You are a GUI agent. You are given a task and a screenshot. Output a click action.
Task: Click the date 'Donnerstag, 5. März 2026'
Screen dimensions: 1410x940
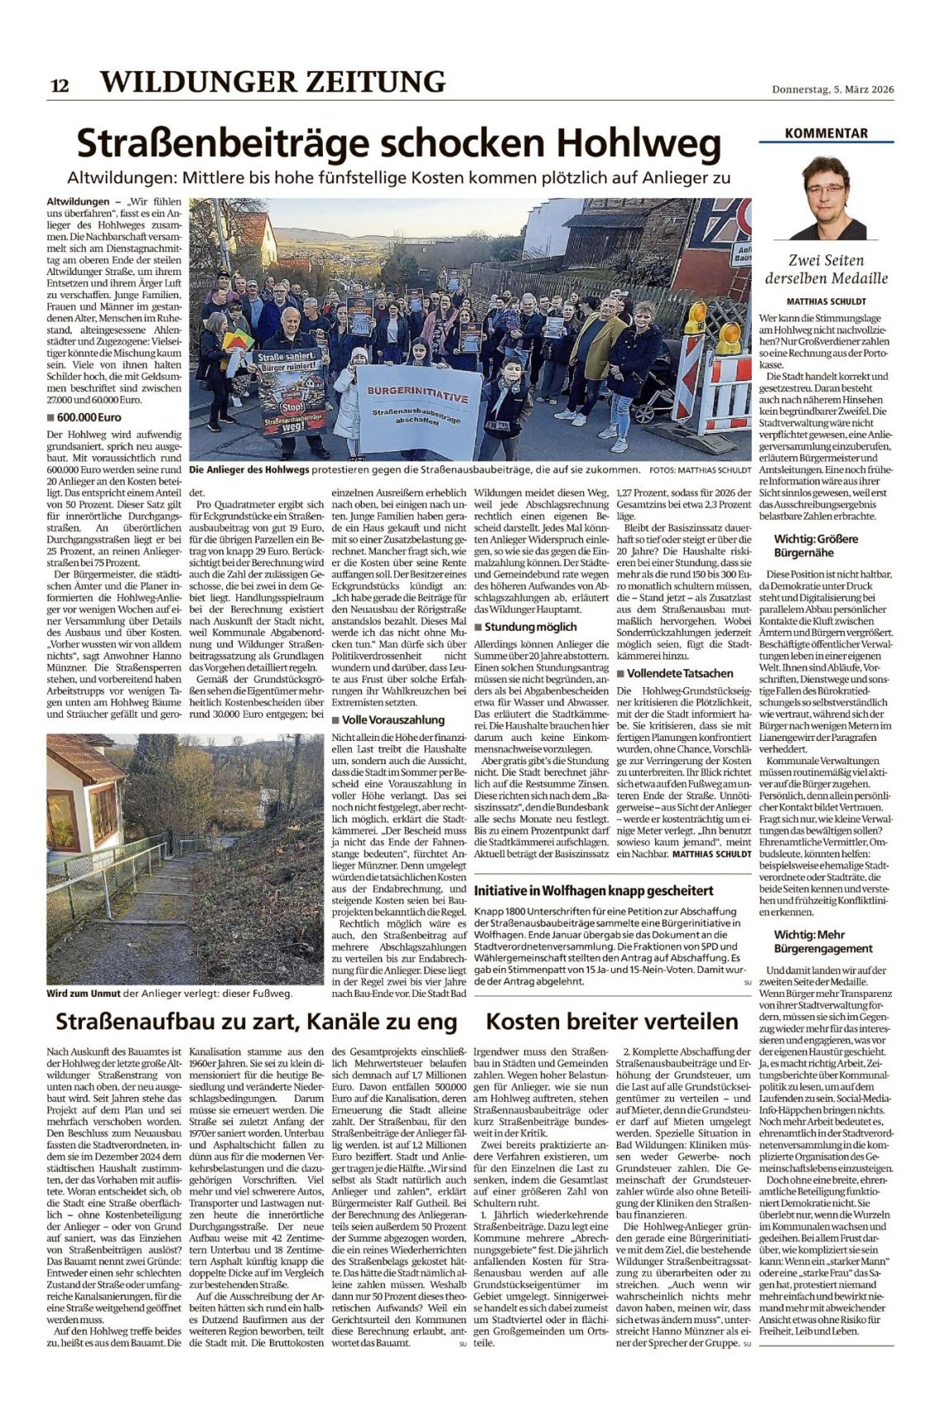pyautogui.click(x=833, y=90)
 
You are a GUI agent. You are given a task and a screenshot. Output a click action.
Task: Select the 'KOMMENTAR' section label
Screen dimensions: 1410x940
pyautogui.click(x=826, y=133)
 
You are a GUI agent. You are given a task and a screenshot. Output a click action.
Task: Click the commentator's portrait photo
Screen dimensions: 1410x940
pyautogui.click(x=827, y=199)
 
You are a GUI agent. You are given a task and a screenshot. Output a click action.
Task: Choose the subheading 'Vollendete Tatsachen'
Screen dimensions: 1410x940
pyautogui.click(x=679, y=673)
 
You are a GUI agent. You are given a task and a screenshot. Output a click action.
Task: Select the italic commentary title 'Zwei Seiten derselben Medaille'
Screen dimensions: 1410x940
pyautogui.click(x=826, y=268)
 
